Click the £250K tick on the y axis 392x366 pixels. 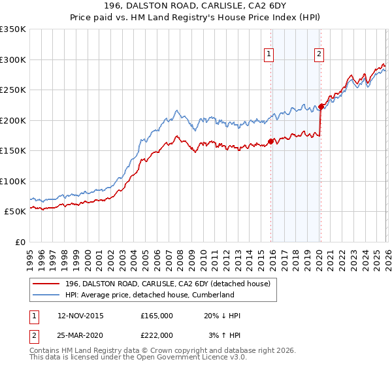coord(13,90)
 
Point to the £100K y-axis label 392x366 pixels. coord(13,181)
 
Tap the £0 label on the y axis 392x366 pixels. coord(20,242)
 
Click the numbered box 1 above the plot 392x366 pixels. coord(269,55)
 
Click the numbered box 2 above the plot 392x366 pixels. coord(319,55)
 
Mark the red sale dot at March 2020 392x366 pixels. coord(321,107)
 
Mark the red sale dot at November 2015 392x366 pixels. coord(270,141)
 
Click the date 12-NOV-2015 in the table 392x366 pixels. coord(80,316)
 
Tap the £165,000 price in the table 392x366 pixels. coord(157,316)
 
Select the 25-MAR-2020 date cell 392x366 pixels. coord(80,335)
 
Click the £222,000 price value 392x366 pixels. coord(157,335)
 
